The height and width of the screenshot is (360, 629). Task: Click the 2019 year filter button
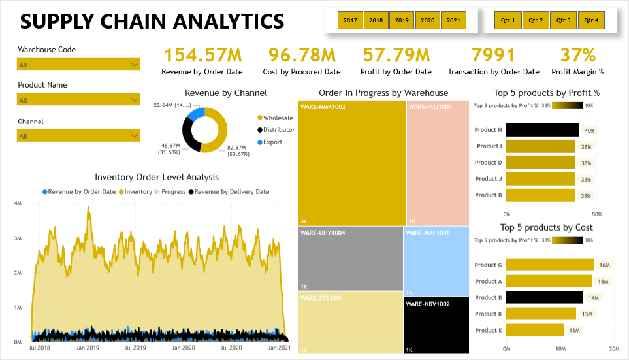click(x=402, y=20)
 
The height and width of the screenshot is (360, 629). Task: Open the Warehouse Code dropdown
click(x=78, y=64)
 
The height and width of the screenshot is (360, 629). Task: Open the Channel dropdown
click(x=78, y=136)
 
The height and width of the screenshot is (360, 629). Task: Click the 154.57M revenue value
click(x=202, y=55)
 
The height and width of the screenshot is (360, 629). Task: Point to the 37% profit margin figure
click(x=578, y=55)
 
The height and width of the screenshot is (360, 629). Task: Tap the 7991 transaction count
click(x=493, y=55)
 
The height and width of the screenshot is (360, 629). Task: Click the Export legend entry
click(x=272, y=142)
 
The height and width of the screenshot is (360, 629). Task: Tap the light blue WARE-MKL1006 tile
click(x=436, y=261)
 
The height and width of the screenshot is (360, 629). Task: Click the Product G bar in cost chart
click(x=549, y=265)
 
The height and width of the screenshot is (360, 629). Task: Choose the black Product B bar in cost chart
click(x=544, y=298)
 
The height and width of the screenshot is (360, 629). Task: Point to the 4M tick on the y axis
click(x=19, y=204)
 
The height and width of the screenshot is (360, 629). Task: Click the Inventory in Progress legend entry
click(x=153, y=192)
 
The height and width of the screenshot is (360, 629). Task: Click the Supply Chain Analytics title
click(x=152, y=22)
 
